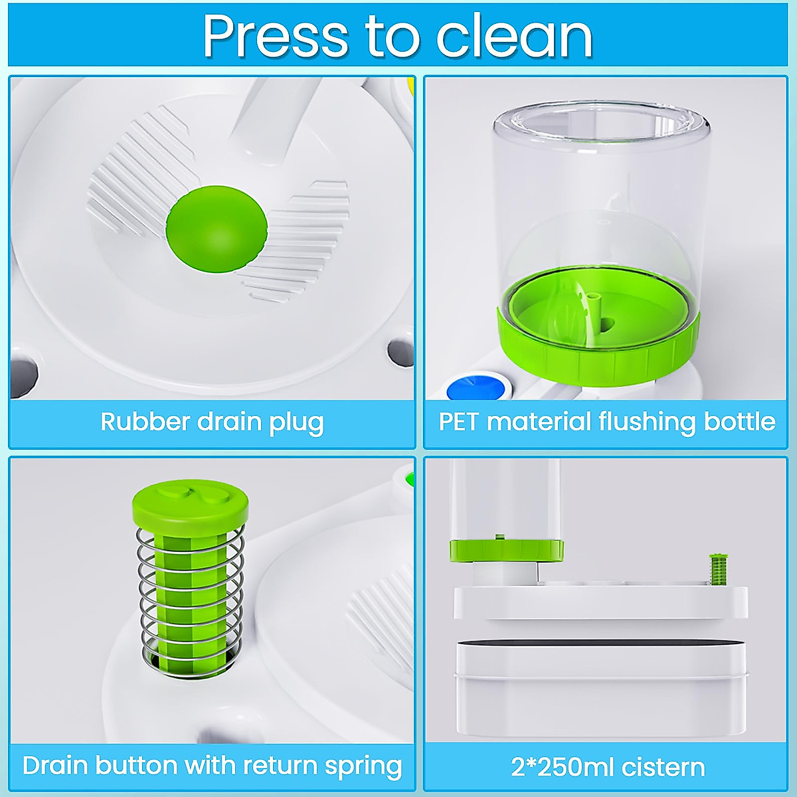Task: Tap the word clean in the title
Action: (x=514, y=37)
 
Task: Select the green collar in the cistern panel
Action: (x=506, y=549)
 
